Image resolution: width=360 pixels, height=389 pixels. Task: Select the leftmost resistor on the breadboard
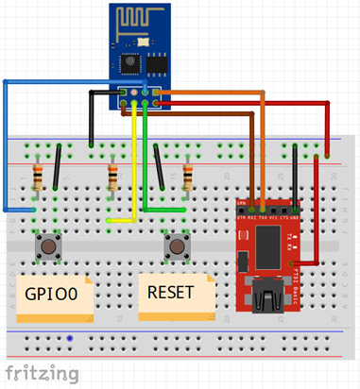point(38,176)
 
